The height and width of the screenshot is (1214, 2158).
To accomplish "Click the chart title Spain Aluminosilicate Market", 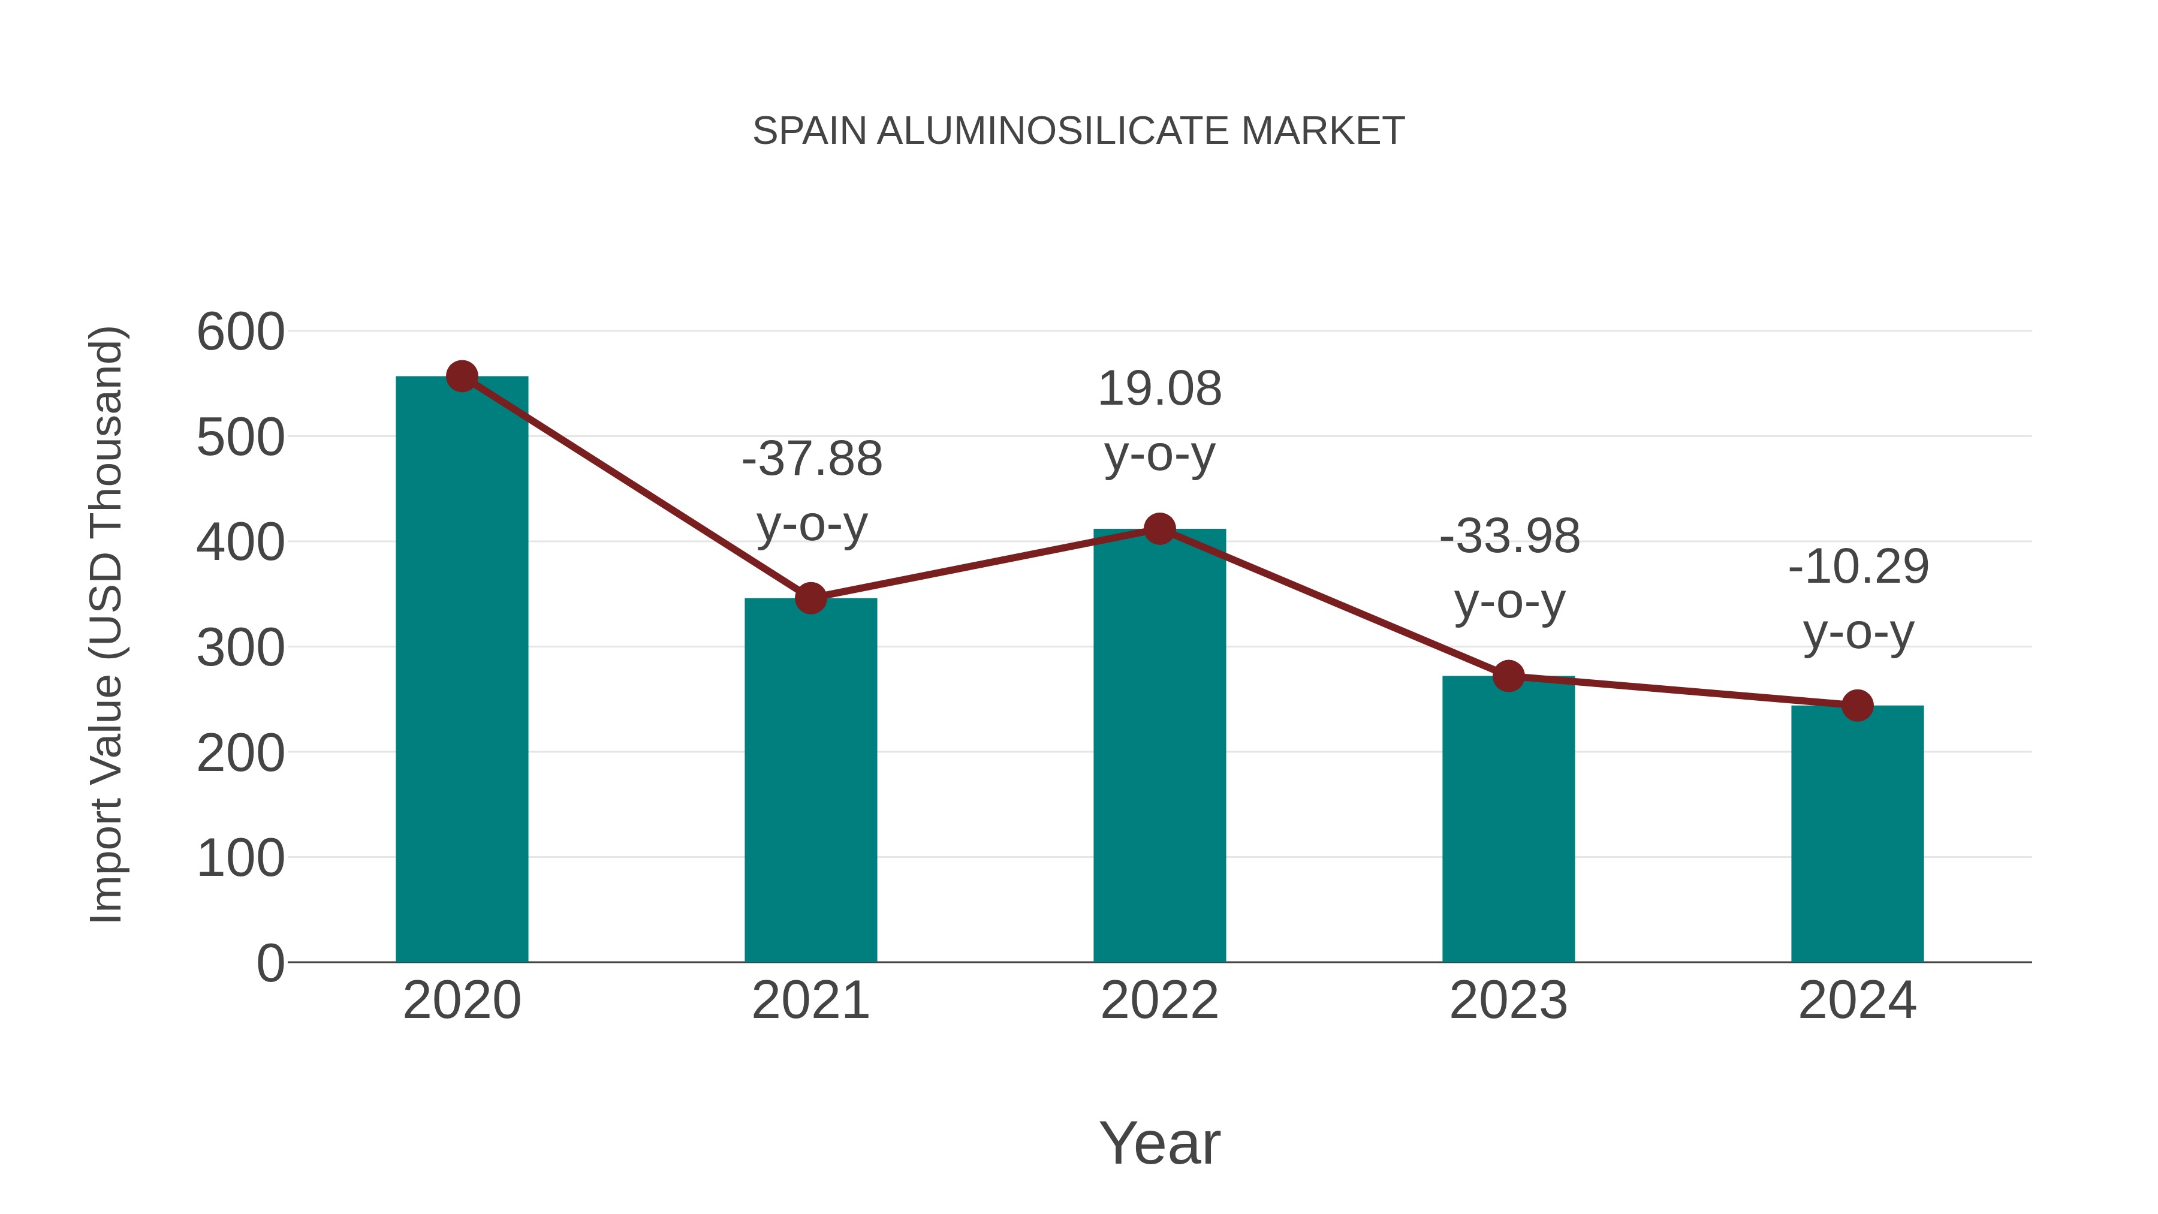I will pos(1078,131).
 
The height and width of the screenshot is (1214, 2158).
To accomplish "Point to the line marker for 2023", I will pos(1508,675).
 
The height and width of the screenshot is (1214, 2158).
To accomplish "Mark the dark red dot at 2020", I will pos(462,376).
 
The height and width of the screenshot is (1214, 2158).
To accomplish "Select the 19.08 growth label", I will pos(1159,421).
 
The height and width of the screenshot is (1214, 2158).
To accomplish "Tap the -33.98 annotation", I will pos(1509,569).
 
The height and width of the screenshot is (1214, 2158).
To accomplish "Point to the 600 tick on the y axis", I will pos(240,332).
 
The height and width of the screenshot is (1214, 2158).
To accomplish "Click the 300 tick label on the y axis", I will pos(240,647).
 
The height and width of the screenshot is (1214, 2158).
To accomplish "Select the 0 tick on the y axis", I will pos(270,963).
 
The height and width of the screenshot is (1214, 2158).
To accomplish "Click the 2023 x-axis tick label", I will pos(1508,1001).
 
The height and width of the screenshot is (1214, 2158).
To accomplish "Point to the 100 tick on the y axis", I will pos(240,858).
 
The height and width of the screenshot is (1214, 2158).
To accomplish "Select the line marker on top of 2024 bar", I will pos(1857,706).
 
